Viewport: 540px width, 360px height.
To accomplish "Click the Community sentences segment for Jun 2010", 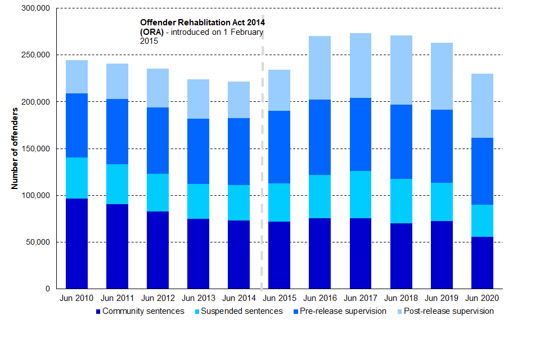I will click(76, 244).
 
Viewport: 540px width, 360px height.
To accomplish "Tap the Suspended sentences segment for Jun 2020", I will click(481, 220).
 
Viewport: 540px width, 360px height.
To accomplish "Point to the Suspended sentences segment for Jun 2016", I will click(319, 196).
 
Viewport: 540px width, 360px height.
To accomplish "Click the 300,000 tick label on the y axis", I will click(35, 8).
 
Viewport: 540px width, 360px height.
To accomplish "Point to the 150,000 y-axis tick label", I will click(35, 148).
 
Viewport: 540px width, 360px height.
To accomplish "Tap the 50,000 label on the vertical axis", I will click(37, 242).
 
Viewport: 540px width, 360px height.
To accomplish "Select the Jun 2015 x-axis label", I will click(279, 298).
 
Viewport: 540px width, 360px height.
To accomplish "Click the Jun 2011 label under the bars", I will click(117, 298).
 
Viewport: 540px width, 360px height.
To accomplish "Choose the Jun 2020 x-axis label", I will click(481, 298).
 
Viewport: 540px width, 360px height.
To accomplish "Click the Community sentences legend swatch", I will click(98, 312).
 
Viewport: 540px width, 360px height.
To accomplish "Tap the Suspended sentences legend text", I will click(241, 311).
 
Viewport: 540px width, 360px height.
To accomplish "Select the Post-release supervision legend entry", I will click(444, 311).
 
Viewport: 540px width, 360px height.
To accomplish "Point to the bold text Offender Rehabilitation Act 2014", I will click(202, 22).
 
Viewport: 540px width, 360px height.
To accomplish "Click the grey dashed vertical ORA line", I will click(262, 169).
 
